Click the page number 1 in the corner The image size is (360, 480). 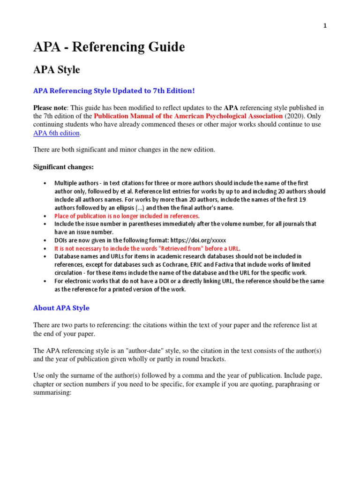[x=325, y=26]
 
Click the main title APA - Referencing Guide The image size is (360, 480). [x=109, y=47]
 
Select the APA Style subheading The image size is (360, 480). [x=56, y=70]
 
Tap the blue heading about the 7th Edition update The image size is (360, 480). [x=113, y=90]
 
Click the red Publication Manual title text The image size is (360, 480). [x=188, y=116]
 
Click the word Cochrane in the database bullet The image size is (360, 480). [x=160, y=265]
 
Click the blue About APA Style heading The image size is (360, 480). [x=61, y=308]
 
